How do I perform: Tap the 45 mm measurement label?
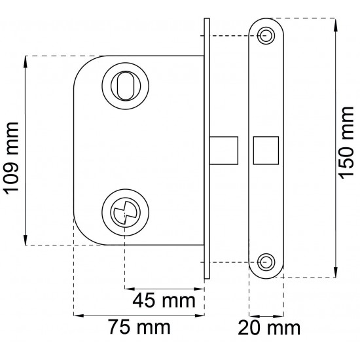[x=164, y=300]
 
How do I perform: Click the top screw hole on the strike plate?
[x=266, y=35]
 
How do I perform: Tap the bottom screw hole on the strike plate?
[x=266, y=262]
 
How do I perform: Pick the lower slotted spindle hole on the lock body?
[x=124, y=213]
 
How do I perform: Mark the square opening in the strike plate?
[x=265, y=150]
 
